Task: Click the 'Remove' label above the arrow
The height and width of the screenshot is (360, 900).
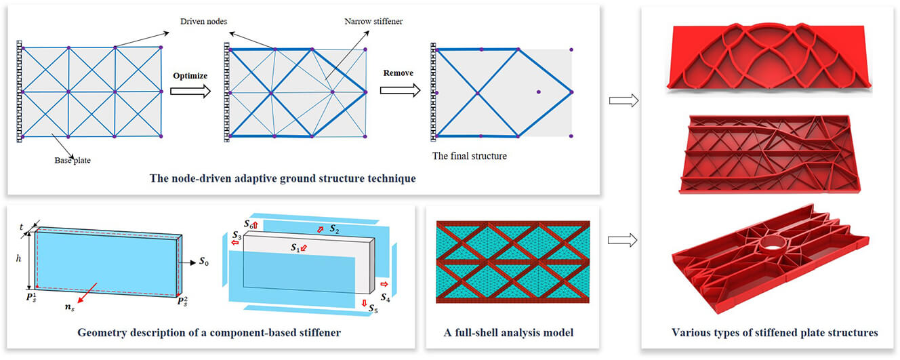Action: pyautogui.click(x=398, y=73)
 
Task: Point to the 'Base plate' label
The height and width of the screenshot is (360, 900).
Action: pyautogui.click(x=73, y=161)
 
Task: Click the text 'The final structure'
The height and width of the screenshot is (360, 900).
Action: pyautogui.click(x=468, y=155)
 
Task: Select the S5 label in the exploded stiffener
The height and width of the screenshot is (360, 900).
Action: pyautogui.click(x=374, y=309)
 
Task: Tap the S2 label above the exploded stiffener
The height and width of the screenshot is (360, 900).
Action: pyautogui.click(x=334, y=230)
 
